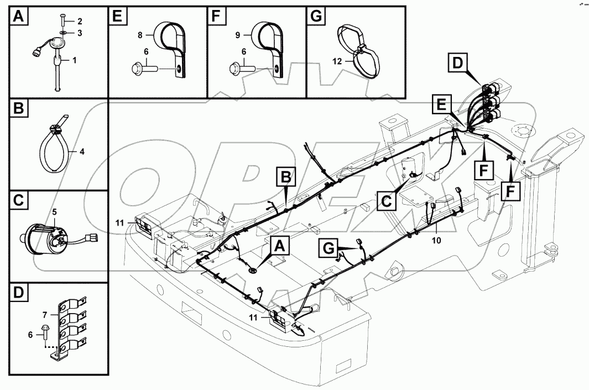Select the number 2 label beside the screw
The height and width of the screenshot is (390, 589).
[x=80, y=22]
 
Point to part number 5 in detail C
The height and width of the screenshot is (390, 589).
[x=54, y=211]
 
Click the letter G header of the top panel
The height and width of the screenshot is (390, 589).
[x=316, y=16]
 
